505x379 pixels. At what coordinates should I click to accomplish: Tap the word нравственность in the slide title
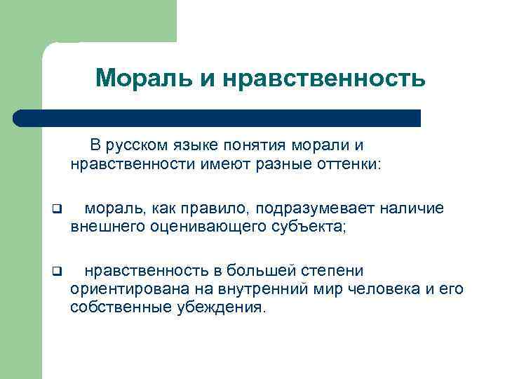coord(324,79)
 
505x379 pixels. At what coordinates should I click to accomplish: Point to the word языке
coord(202,146)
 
